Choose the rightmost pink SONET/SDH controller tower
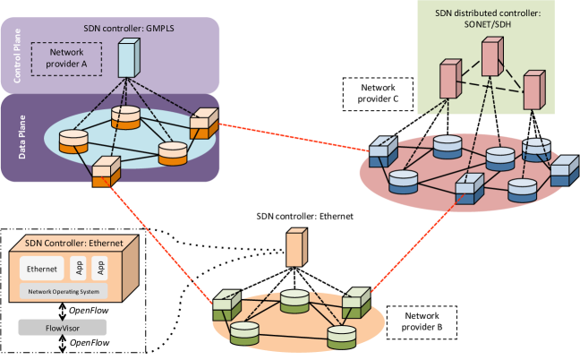coord(533,90)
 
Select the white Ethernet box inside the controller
coord(42,269)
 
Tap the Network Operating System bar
coord(63,292)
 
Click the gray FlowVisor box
coord(62,327)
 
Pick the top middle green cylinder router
coord(294,301)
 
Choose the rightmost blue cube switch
coord(564,169)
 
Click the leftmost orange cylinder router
coord(72,141)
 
